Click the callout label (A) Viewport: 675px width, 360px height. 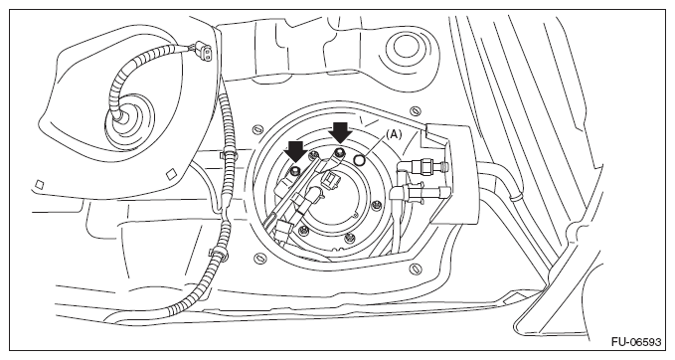[394, 134]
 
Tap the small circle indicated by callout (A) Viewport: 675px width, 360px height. [359, 160]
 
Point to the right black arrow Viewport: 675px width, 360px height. [341, 132]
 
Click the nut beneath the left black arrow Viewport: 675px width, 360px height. [294, 171]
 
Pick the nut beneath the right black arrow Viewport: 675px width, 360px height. [340, 151]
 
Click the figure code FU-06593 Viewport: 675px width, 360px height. [636, 342]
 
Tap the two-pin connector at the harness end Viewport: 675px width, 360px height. [204, 52]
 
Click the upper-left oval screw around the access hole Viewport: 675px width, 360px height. [257, 128]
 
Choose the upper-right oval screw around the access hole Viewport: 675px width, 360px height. [415, 110]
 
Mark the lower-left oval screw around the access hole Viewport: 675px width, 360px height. [260, 258]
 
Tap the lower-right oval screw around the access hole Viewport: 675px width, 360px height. [415, 269]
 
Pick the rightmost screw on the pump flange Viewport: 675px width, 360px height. [378, 205]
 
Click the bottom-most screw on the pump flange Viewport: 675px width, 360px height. [350, 237]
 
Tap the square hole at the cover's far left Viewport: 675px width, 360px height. [39, 184]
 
